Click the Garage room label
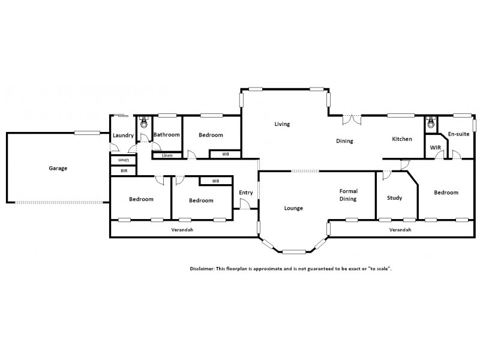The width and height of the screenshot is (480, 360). click(58, 168)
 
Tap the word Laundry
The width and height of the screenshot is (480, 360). click(123, 136)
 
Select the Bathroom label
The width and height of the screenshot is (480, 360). click(166, 135)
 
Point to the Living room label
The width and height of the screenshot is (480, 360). click(282, 124)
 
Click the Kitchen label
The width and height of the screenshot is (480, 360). click(402, 139)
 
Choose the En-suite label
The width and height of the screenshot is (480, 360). click(458, 134)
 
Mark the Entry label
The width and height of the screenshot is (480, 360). click(246, 193)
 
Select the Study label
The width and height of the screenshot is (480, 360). click(394, 198)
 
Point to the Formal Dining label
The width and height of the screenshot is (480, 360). click(349, 194)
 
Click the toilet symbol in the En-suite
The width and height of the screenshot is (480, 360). click(430, 124)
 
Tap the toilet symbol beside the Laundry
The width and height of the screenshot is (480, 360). click(143, 124)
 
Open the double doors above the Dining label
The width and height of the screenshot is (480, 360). click(352, 120)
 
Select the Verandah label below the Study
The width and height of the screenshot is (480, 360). click(400, 230)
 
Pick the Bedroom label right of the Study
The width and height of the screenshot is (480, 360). click(446, 193)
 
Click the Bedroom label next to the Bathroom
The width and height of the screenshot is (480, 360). click(211, 135)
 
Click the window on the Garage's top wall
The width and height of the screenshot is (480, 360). click(87, 133)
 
